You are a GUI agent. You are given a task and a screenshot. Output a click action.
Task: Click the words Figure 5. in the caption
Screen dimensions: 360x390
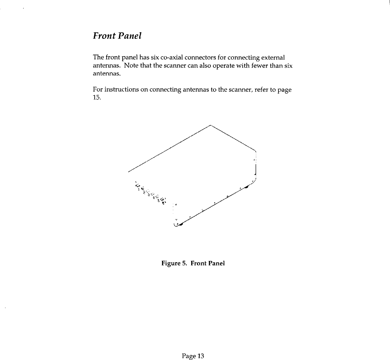[173, 263]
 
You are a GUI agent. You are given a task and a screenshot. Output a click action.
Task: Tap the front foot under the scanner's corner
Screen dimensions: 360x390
[180, 224]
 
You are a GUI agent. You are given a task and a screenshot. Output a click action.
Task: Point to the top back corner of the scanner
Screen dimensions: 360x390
[210, 126]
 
